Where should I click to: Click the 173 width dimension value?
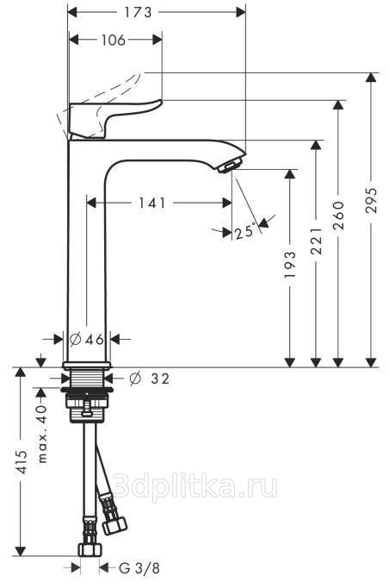click(x=138, y=13)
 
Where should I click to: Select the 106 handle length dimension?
click(x=114, y=40)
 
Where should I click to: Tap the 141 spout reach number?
click(x=151, y=203)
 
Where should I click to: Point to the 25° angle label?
click(x=245, y=231)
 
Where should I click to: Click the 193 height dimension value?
click(x=290, y=265)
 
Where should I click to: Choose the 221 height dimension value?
click(x=316, y=241)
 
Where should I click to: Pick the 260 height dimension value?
click(x=338, y=216)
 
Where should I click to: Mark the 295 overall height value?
click(x=371, y=200)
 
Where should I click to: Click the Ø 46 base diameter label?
click(x=87, y=339)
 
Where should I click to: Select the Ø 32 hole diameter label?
click(x=150, y=379)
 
